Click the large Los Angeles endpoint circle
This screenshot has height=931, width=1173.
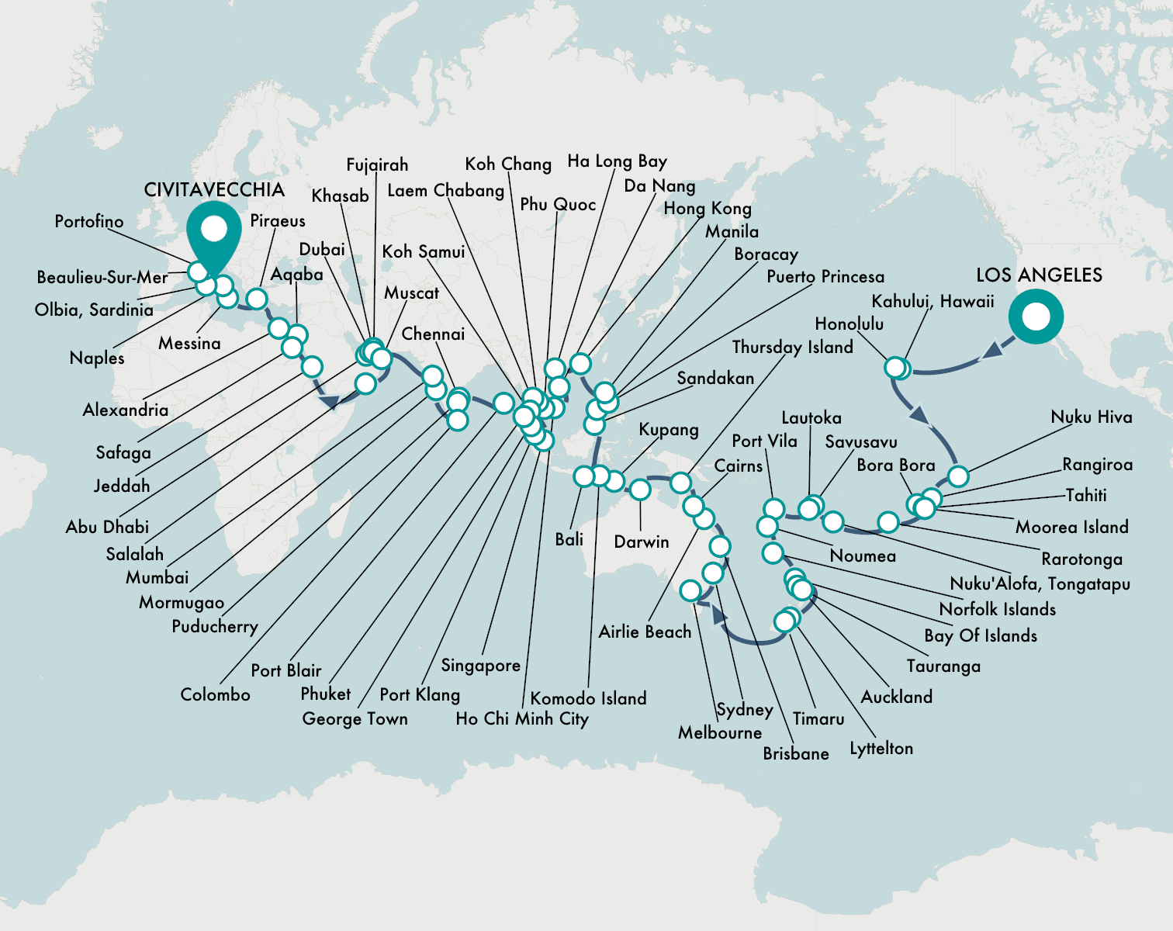click(x=1036, y=317)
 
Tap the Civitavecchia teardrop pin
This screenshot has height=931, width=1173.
click(x=214, y=231)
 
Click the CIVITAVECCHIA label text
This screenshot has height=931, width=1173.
click(x=214, y=190)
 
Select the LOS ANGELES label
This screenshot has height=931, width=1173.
click(x=1039, y=275)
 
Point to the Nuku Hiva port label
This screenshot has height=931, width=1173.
click(x=1092, y=417)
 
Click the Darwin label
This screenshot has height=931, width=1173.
click(x=641, y=542)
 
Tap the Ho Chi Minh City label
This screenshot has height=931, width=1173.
click(x=522, y=718)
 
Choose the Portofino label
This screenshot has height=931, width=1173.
click(x=89, y=222)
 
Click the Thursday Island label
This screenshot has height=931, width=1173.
click(x=792, y=347)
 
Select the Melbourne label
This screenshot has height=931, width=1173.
click(x=720, y=732)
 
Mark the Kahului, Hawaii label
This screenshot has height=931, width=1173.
click(x=933, y=302)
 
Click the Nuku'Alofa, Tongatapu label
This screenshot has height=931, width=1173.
click(x=1040, y=583)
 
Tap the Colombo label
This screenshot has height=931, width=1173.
click(x=215, y=694)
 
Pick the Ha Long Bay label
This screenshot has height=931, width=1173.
click(x=617, y=161)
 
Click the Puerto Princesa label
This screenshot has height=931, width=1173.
click(x=825, y=277)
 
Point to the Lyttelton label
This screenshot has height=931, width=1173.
click(x=881, y=749)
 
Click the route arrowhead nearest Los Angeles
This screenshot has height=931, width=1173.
click(x=992, y=351)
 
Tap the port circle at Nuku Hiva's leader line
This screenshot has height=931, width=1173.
click(x=958, y=476)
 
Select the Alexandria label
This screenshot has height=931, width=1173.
click(x=126, y=410)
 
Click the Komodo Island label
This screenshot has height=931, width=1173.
click(x=588, y=698)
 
